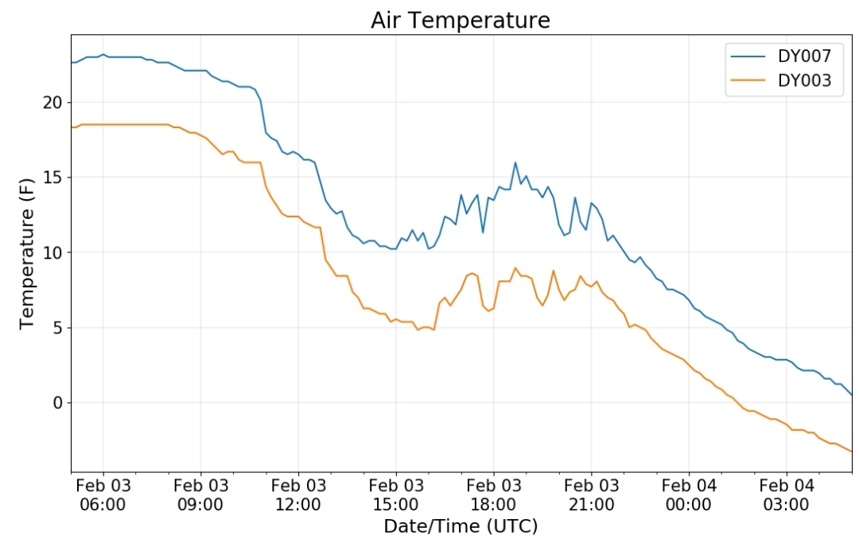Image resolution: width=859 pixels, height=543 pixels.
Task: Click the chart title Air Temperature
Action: pyautogui.click(x=461, y=20)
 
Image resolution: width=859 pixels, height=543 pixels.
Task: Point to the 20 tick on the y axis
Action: pyautogui.click(x=52, y=103)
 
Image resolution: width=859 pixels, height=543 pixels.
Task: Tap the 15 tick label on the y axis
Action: pyautogui.click(x=52, y=178)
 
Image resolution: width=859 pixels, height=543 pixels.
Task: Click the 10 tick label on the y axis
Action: pyautogui.click(x=52, y=253)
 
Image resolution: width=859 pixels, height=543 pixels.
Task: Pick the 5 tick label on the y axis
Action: pyautogui.click(x=58, y=328)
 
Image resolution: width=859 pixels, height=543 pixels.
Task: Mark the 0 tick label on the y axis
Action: pyautogui.click(x=58, y=403)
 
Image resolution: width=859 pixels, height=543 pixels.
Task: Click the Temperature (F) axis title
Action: pyautogui.click(x=27, y=253)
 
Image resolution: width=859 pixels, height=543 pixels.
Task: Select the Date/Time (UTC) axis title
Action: pyautogui.click(x=461, y=526)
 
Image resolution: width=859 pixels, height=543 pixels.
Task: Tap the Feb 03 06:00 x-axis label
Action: pyautogui.click(x=103, y=494)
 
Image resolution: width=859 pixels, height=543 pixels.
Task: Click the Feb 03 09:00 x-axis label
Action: pyautogui.click(x=200, y=494)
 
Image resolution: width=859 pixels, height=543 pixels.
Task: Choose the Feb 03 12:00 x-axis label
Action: pyautogui.click(x=298, y=494)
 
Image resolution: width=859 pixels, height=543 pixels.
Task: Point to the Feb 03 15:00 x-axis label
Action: pyautogui.click(x=396, y=494)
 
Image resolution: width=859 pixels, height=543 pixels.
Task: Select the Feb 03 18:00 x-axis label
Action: pyautogui.click(x=494, y=494)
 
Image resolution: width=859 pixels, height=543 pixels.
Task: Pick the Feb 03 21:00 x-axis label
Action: pyautogui.click(x=591, y=494)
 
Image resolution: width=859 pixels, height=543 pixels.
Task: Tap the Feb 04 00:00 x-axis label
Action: pyautogui.click(x=689, y=494)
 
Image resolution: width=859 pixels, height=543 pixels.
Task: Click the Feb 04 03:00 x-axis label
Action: pyautogui.click(x=787, y=494)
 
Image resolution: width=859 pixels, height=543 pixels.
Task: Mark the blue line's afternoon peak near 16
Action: pyautogui.click(x=515, y=162)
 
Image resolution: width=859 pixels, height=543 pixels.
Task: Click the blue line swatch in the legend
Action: pyautogui.click(x=748, y=56)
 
